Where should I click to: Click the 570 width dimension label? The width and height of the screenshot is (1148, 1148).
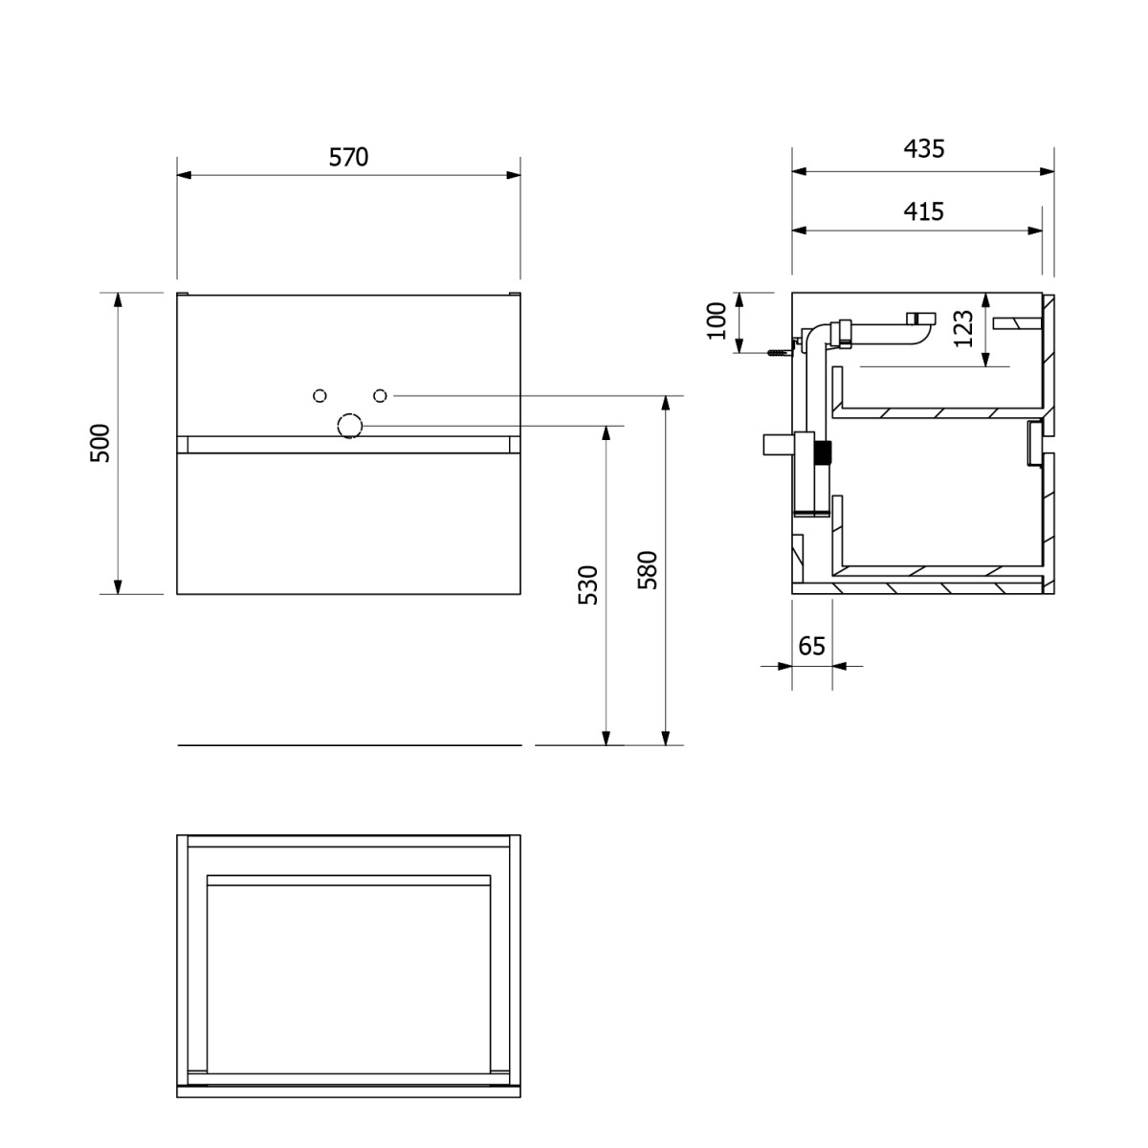[348, 157]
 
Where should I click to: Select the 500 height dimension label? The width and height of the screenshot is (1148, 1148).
[100, 443]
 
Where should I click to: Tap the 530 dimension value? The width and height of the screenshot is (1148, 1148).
[588, 585]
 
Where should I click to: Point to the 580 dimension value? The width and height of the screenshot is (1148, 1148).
[648, 570]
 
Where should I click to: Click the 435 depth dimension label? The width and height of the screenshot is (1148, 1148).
[924, 149]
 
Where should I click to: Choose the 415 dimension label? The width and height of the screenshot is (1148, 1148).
[924, 211]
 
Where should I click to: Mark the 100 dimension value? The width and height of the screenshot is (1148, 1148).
[717, 321]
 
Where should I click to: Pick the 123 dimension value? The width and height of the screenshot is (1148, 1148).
[963, 329]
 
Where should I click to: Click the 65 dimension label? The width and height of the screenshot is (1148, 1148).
[811, 646]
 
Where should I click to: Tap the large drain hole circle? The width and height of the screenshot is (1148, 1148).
[350, 426]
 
